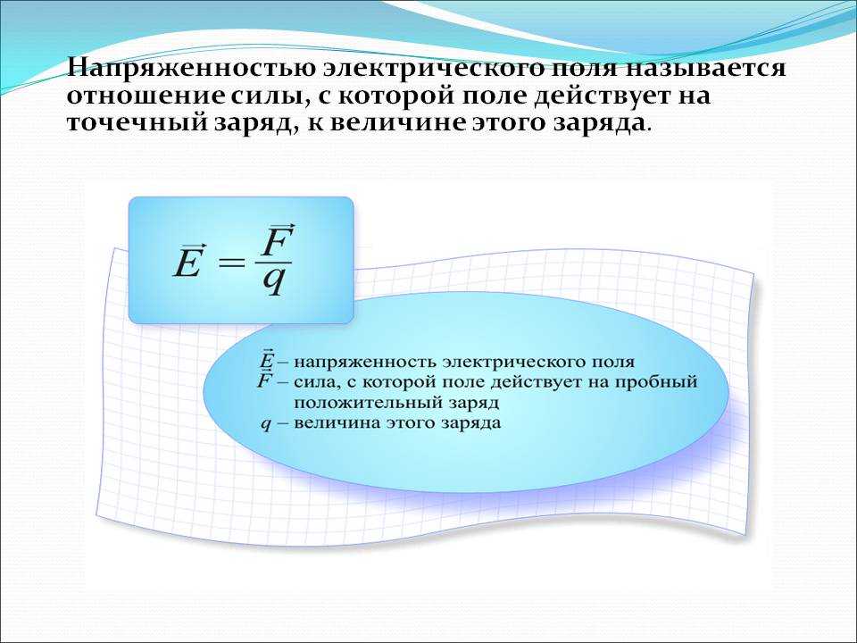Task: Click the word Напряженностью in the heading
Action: (190, 69)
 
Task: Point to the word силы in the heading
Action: (262, 96)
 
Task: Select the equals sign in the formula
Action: (231, 262)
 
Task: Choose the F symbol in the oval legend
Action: (265, 380)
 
